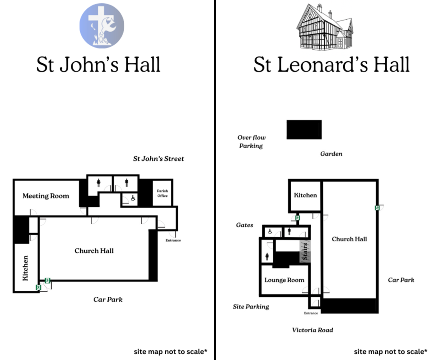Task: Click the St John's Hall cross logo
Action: (102, 25)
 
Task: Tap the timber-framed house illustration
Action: (325, 27)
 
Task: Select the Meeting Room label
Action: (46, 196)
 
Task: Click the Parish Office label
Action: (162, 193)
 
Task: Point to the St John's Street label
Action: (159, 159)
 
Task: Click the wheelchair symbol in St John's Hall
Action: (133, 198)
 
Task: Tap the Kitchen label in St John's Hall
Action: (25, 268)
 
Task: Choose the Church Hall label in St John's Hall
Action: (94, 251)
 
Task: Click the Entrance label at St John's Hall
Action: (173, 240)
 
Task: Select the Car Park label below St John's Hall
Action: (108, 299)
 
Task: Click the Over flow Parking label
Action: (251, 141)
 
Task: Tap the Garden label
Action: (331, 154)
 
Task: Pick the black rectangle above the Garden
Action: (304, 129)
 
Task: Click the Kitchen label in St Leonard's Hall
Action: (305, 195)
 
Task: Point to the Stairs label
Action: (305, 251)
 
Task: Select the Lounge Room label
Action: (284, 280)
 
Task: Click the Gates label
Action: (245, 225)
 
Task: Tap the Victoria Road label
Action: (312, 330)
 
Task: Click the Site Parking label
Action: (251, 307)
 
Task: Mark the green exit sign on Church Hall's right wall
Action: (377, 208)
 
